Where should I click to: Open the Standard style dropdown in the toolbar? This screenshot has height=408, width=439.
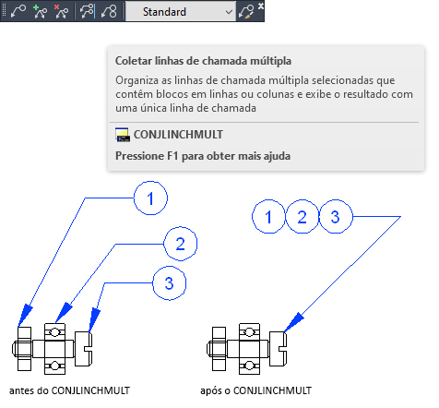click(181, 12)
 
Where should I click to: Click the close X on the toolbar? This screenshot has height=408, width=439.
click(261, 6)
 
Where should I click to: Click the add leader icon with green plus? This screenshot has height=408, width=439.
click(40, 12)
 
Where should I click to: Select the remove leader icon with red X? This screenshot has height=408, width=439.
click(62, 12)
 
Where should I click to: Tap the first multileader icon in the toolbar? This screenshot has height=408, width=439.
click(18, 12)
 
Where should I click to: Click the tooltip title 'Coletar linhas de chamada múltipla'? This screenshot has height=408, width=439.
click(203, 61)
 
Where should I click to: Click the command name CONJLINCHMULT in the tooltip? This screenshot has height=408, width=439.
click(178, 135)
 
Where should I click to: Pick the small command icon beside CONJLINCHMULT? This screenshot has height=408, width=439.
click(123, 135)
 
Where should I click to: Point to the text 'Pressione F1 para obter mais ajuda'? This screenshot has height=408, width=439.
click(203, 156)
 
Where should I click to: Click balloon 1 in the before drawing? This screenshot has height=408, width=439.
click(150, 198)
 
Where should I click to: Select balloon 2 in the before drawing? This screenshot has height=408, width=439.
click(180, 244)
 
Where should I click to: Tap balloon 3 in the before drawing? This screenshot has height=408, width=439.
click(169, 283)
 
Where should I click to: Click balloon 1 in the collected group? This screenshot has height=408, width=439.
click(268, 217)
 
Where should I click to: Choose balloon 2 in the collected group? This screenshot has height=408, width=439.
click(302, 217)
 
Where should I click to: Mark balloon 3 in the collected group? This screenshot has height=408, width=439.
click(336, 217)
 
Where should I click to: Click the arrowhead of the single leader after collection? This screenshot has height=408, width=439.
click(293, 322)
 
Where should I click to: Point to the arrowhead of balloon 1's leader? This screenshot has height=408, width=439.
click(25, 316)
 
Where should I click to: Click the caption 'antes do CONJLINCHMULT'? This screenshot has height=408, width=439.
click(69, 390)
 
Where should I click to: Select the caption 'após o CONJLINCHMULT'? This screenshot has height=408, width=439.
click(255, 390)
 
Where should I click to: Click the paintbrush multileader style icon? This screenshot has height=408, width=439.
click(246, 12)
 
